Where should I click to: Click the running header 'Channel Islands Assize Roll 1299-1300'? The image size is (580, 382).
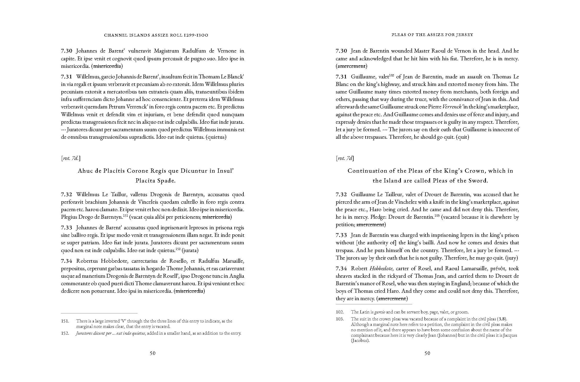coord(156,35)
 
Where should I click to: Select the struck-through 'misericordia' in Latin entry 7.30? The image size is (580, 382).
coord(107,66)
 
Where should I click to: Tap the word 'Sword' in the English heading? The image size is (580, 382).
coord(478,181)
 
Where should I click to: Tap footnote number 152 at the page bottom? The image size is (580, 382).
coord(65,333)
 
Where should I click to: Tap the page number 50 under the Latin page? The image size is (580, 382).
coord(152,353)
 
